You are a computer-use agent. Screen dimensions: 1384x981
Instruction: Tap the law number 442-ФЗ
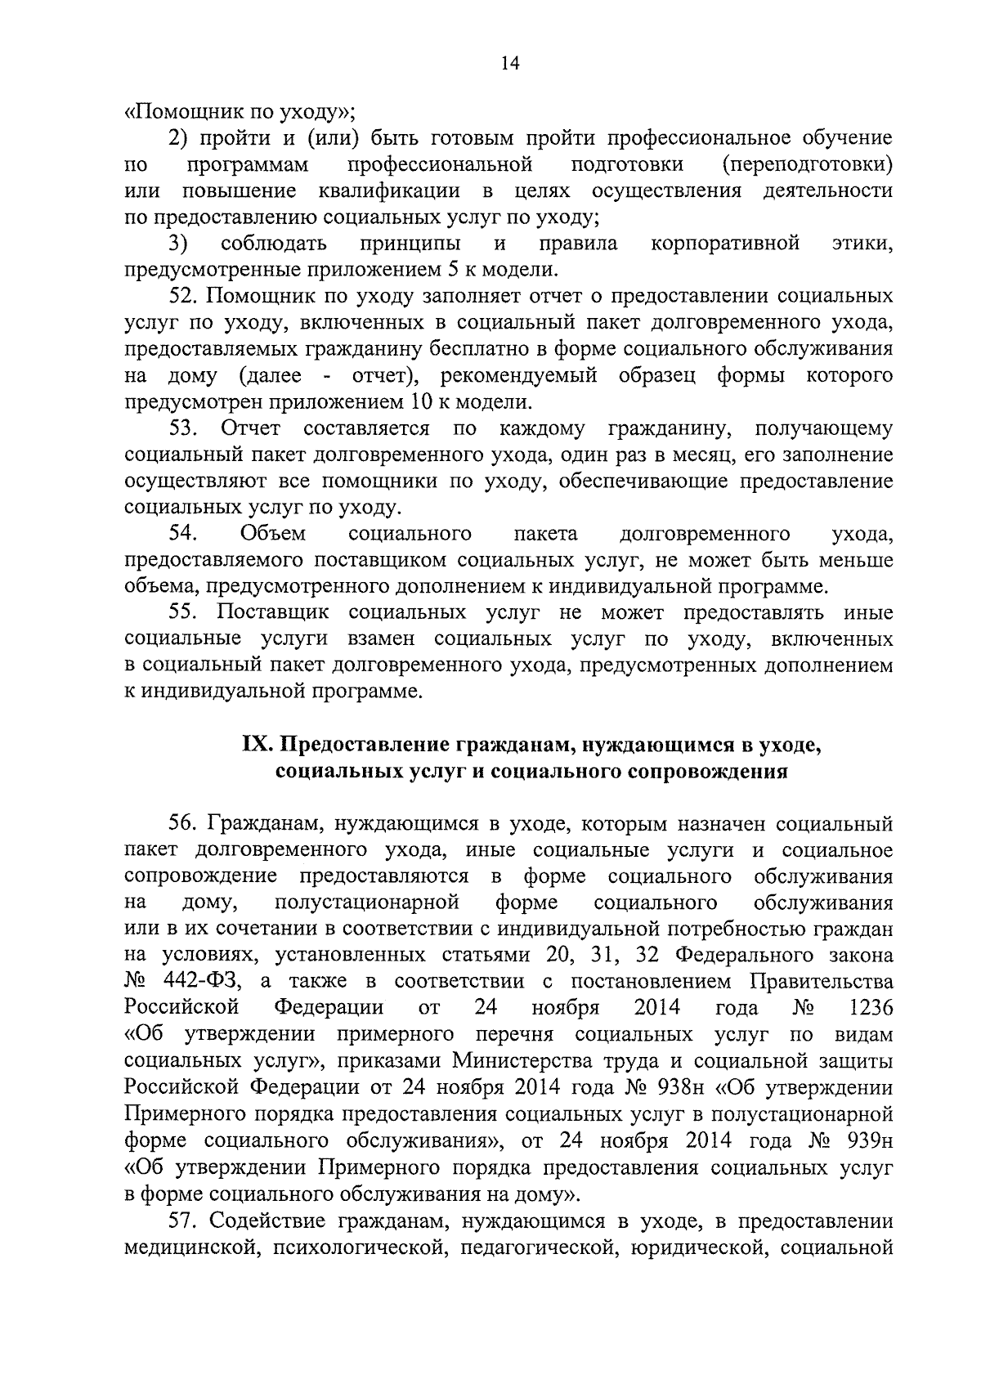point(197,981)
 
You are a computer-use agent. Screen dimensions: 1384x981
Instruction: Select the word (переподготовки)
point(808,165)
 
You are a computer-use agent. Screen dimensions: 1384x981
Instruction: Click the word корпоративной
point(724,244)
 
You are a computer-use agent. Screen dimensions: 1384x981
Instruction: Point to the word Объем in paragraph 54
point(273,534)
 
